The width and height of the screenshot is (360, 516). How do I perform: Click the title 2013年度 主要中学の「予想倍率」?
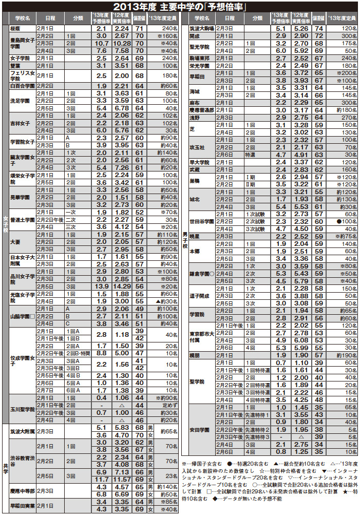(179, 7)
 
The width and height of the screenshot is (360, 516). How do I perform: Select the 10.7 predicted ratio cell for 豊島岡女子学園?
(101, 44)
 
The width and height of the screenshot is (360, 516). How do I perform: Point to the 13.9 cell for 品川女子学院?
(101, 286)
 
